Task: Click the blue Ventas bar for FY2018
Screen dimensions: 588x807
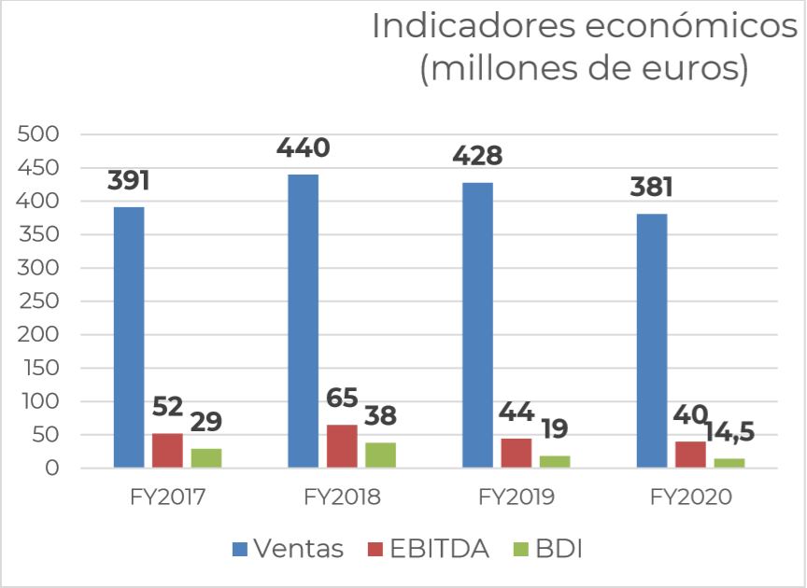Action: (304, 320)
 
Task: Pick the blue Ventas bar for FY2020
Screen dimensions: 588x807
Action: (652, 340)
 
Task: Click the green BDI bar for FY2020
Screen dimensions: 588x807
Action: (729, 462)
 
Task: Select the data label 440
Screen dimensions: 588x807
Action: (304, 148)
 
